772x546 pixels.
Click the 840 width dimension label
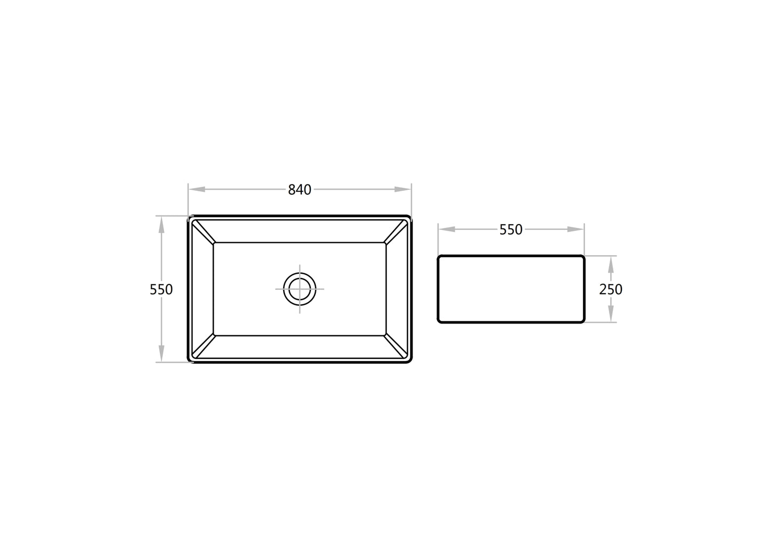click(299, 190)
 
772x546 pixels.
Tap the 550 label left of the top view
click(161, 289)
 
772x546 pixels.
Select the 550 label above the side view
click(511, 229)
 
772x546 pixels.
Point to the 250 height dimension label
click(611, 289)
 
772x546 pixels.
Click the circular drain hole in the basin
click(300, 289)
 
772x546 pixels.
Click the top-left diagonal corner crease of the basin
click(203, 232)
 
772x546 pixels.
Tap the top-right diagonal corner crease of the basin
click(396, 232)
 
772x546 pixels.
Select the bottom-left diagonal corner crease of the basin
click(203, 347)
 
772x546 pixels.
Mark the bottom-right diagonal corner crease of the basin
click(396, 347)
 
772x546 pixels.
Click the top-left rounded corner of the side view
click(440, 257)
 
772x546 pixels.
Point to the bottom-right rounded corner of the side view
click(583, 321)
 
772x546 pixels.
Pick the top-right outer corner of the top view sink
click(409, 217)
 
